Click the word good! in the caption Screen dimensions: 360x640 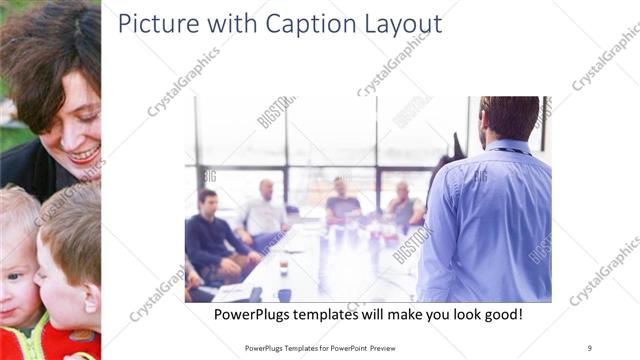point(500,315)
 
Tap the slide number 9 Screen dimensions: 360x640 point(589,347)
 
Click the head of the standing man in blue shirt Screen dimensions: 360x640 point(509,119)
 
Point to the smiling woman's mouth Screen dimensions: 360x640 point(84,153)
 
